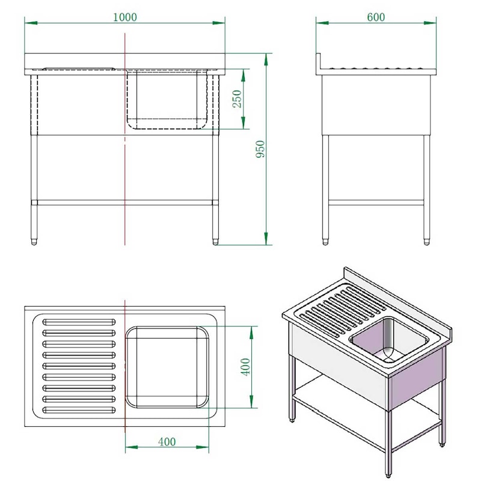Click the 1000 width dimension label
pos(125,17)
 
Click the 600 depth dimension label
pos(376,17)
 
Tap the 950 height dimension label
pos(260,149)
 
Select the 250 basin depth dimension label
pos(237,99)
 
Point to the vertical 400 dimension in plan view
pos(245,367)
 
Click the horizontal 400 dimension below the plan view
pos(167,442)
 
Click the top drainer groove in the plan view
pos(79,322)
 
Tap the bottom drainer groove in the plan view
pos(79,410)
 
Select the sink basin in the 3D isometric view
pos(389,340)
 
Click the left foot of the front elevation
pos(34,242)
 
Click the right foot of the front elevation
pos(215,242)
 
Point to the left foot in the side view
pos(325,242)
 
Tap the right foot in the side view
pos(427,242)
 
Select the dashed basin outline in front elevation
pos(167,99)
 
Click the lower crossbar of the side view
pos(376,203)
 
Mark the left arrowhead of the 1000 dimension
pos(31,23)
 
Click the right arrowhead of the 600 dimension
pos(430,23)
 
